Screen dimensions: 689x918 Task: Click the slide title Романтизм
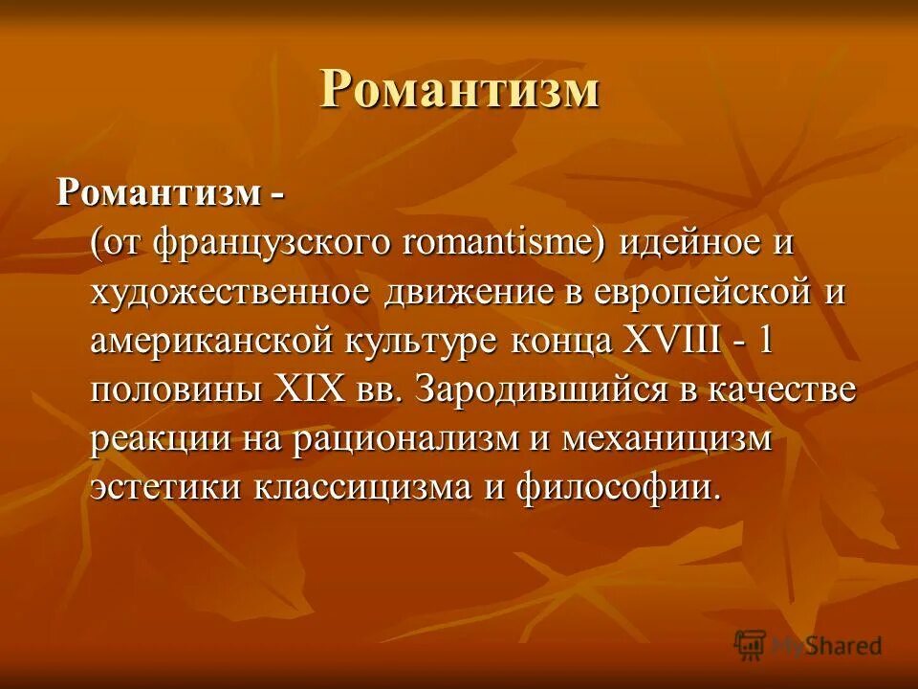tap(459, 91)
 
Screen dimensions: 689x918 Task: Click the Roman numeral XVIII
tap(671, 342)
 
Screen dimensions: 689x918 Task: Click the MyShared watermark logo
tap(808, 645)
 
